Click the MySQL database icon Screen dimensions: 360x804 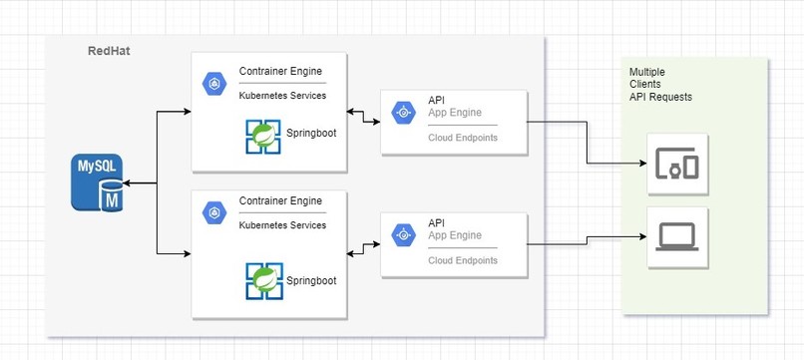98,182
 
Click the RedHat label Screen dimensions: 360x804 108,51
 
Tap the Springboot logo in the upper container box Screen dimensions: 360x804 264,137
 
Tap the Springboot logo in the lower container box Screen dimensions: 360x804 264,281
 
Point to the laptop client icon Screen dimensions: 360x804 677,237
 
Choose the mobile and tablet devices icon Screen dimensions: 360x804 677,163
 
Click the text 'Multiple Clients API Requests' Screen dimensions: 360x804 659,85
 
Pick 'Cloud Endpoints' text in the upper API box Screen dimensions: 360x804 462,138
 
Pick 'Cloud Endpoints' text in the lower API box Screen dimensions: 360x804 462,260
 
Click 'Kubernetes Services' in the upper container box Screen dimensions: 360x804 282,97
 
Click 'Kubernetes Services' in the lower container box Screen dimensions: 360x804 282,225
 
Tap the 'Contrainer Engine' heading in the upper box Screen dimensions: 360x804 280,73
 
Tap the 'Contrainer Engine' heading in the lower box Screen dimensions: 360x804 280,201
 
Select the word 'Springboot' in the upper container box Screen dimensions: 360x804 311,133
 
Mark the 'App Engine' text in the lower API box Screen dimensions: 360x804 455,237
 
